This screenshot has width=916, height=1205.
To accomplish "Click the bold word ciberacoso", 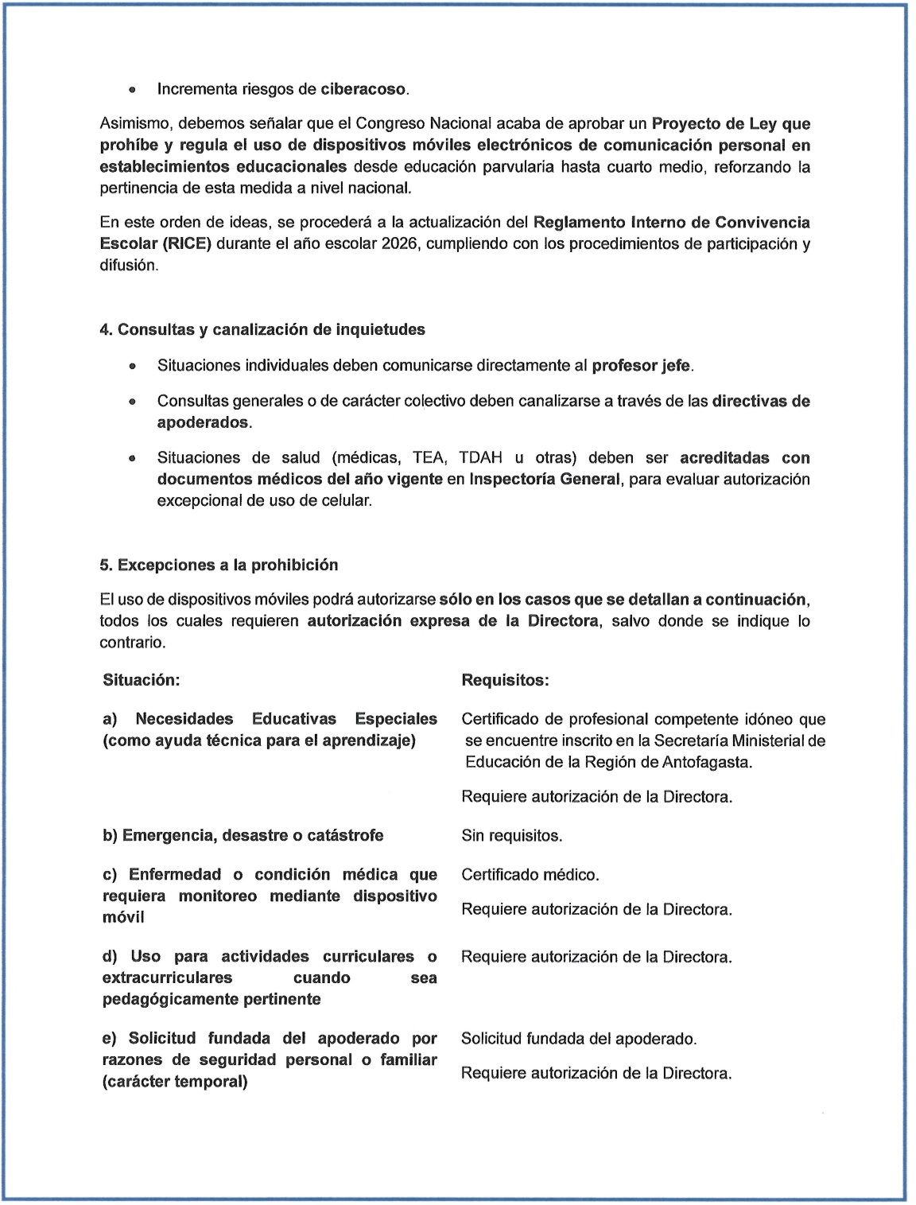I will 363,89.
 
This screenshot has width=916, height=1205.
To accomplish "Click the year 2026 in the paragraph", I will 400,244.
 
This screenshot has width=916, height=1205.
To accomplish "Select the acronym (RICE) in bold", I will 188,244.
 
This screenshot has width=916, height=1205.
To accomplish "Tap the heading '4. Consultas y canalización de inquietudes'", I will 262,329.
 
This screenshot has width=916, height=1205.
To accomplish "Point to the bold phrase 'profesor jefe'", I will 642,366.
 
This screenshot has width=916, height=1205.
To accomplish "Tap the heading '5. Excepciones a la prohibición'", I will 219,565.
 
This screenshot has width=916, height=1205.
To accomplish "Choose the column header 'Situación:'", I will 142,680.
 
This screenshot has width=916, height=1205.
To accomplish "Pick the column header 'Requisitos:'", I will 505,680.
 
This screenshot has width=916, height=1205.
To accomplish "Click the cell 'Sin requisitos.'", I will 511,836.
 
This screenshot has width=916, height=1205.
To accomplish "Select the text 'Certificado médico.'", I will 530,875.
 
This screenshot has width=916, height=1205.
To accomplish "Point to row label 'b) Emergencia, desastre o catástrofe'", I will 243,836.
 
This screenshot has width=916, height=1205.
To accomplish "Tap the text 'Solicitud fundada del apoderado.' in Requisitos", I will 579,1039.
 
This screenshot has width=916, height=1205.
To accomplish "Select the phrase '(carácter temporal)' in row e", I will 175,1082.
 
